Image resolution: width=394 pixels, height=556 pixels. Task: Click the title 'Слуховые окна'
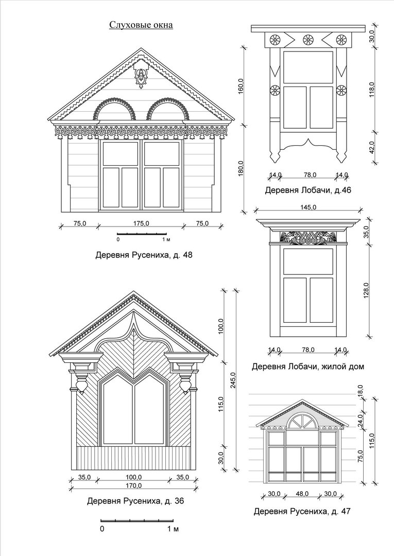coord(141,25)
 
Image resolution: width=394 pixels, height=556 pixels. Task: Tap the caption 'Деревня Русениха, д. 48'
coord(144,255)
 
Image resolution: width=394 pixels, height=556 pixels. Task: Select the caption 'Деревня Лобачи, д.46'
coord(308,190)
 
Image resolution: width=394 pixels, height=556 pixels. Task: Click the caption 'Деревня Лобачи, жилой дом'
coord(308,367)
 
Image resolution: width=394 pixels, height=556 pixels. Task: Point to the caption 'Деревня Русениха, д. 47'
coord(302,511)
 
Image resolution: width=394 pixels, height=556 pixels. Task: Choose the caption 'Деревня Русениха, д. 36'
coord(135,501)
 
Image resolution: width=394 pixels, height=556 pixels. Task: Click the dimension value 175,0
coord(141,223)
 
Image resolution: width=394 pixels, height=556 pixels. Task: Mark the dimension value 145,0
coord(308,207)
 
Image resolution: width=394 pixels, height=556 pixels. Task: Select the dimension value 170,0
coord(134,485)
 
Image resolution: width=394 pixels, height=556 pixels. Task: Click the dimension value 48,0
coord(302,494)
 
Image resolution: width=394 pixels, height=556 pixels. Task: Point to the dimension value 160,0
coord(241,86)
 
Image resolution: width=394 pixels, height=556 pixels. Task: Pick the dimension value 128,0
coord(366,290)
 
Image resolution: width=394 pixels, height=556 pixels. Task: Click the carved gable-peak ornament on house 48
coord(141,77)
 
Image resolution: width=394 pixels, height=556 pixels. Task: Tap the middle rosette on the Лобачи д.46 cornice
coord(308,40)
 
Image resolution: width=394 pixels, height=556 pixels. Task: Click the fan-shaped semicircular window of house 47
coord(302,420)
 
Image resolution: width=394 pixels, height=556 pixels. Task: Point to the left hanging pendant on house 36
coord(81,385)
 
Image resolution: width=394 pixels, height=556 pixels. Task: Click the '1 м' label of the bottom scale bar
coord(173,529)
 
